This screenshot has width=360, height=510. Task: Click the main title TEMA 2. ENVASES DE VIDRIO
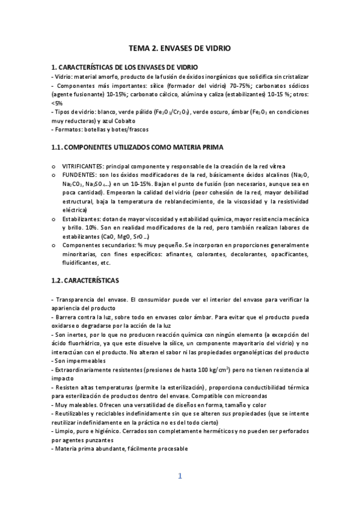180,48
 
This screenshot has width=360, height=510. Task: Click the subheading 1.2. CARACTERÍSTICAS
85,280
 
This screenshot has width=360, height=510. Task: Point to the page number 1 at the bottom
179,476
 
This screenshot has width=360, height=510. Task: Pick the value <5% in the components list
57,103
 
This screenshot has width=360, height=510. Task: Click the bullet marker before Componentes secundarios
55,245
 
